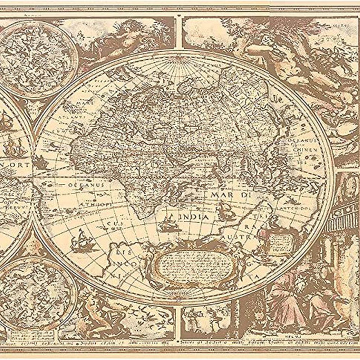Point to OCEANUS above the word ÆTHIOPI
point(87,184)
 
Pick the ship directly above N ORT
point(13,146)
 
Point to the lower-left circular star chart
point(31,293)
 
